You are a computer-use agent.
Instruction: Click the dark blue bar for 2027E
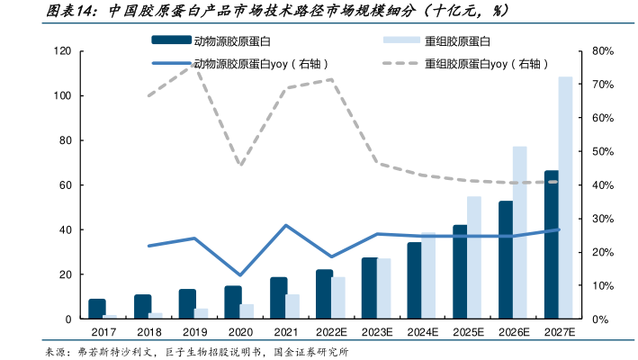pyautogui.click(x=552, y=245)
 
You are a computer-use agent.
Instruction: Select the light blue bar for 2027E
pyautogui.click(x=565, y=198)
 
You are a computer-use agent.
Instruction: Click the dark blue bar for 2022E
pyautogui.click(x=324, y=294)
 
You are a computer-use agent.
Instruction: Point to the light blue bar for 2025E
pyautogui.click(x=474, y=257)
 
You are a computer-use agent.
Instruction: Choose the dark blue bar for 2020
pyautogui.click(x=233, y=302)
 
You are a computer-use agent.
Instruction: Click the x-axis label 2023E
pyautogui.click(x=376, y=333)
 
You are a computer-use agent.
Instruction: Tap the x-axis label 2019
pyautogui.click(x=194, y=333)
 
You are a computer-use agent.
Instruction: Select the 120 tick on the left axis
pyautogui.click(x=63, y=51)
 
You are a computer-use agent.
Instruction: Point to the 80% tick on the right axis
pyautogui.click(x=603, y=51)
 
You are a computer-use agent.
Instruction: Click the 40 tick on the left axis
pyautogui.click(x=66, y=229)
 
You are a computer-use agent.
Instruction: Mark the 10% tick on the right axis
pyautogui.click(x=603, y=285)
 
